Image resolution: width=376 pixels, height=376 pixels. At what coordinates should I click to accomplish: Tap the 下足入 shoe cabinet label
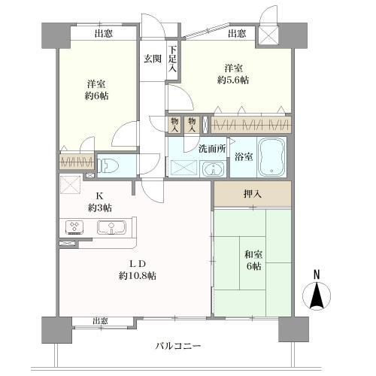172,58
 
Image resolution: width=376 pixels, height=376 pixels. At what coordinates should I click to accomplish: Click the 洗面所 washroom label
211,148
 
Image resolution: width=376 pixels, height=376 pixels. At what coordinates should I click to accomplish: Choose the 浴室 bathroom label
242,157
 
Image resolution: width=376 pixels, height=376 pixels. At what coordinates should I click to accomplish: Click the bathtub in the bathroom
270,156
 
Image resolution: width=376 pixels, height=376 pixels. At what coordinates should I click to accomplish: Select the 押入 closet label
253,194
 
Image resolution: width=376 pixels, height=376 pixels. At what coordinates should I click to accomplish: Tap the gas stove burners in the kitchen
76,227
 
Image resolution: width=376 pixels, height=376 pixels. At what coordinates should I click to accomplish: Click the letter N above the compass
317,274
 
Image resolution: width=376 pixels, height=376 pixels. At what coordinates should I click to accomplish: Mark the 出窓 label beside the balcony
101,321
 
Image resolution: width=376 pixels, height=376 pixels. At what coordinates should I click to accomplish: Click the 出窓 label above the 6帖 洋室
105,33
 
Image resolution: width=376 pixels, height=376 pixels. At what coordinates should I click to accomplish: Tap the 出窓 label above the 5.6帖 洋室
236,33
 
